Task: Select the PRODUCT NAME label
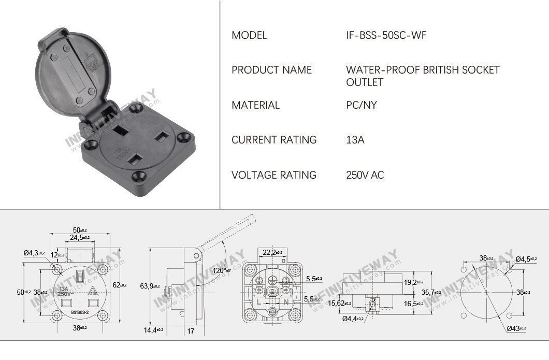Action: click(x=271, y=70)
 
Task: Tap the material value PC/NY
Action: click(x=362, y=105)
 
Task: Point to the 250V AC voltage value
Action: click(x=365, y=175)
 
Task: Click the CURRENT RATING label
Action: click(x=274, y=140)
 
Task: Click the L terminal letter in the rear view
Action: click(x=257, y=301)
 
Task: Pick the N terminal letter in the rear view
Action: click(x=285, y=301)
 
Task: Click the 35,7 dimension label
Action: click(x=429, y=292)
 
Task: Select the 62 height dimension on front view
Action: click(x=120, y=284)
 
